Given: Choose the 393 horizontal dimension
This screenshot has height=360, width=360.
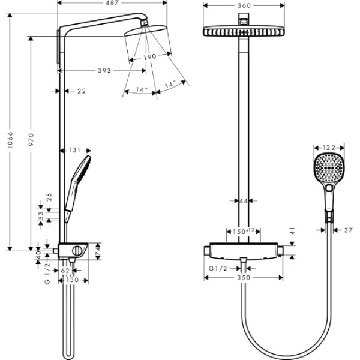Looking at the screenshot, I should tap(104, 71).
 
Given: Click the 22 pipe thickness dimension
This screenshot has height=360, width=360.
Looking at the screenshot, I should tap(81, 91).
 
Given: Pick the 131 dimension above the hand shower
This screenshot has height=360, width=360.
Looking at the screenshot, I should tap(76, 151).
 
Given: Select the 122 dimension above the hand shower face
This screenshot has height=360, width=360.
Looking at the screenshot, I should tap(328, 147).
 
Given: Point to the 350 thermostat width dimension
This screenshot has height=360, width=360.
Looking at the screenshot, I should tap(243, 278).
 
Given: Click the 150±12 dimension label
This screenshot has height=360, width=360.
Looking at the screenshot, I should tap(244, 230).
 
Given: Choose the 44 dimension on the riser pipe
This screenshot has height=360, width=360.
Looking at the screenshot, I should tap(243, 201).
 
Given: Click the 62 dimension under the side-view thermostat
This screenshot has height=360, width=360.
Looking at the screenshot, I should tap(67, 270).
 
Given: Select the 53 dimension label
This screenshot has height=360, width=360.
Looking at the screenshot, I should tap(41, 214).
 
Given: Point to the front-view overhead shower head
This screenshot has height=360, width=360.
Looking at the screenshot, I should tap(244, 32).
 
